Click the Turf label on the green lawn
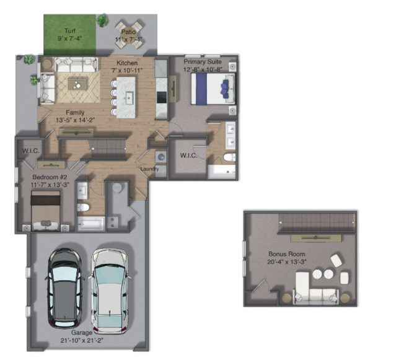click(70, 31)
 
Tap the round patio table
click(129, 35)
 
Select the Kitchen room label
click(127, 63)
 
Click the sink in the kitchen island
click(129, 97)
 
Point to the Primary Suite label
click(203, 62)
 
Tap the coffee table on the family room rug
click(76, 85)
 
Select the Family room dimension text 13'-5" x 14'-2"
click(76, 120)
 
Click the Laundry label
click(150, 169)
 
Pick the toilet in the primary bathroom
click(229, 157)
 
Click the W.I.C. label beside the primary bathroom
click(188, 156)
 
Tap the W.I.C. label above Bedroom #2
click(31, 151)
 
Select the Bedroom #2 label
click(50, 177)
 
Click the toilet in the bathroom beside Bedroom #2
click(83, 208)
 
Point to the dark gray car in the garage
click(64, 288)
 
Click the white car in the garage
click(110, 291)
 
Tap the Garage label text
click(82, 333)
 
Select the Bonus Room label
click(287, 254)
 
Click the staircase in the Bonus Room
click(317, 223)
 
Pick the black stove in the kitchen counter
click(162, 97)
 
